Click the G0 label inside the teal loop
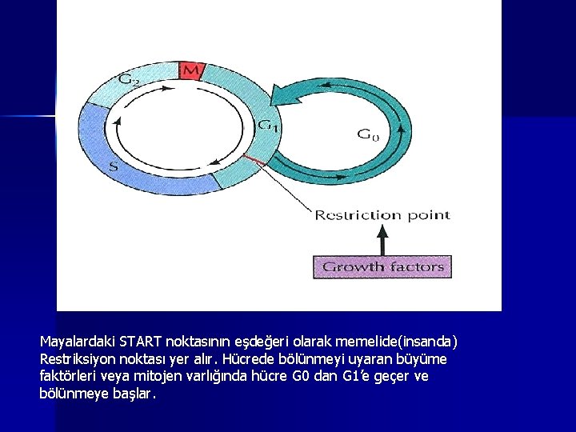point(367,135)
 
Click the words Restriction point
point(382,214)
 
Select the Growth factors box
point(382,266)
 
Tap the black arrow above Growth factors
point(382,238)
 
